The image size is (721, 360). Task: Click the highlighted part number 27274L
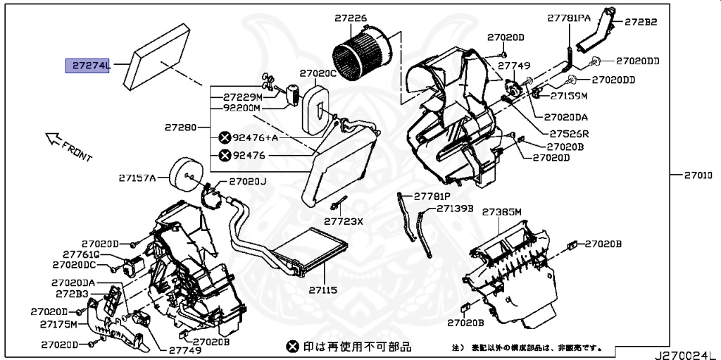pyautogui.click(x=89, y=66)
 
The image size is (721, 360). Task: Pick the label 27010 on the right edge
pyautogui.click(x=698, y=174)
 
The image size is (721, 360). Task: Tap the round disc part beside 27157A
pyautogui.click(x=184, y=173)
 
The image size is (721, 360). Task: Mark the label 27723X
pyautogui.click(x=343, y=221)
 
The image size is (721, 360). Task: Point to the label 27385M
pyautogui.click(x=501, y=212)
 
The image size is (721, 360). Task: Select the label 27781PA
pyautogui.click(x=569, y=17)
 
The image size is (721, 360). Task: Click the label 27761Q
pyautogui.click(x=81, y=254)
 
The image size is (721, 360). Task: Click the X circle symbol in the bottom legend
pyautogui.click(x=292, y=347)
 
